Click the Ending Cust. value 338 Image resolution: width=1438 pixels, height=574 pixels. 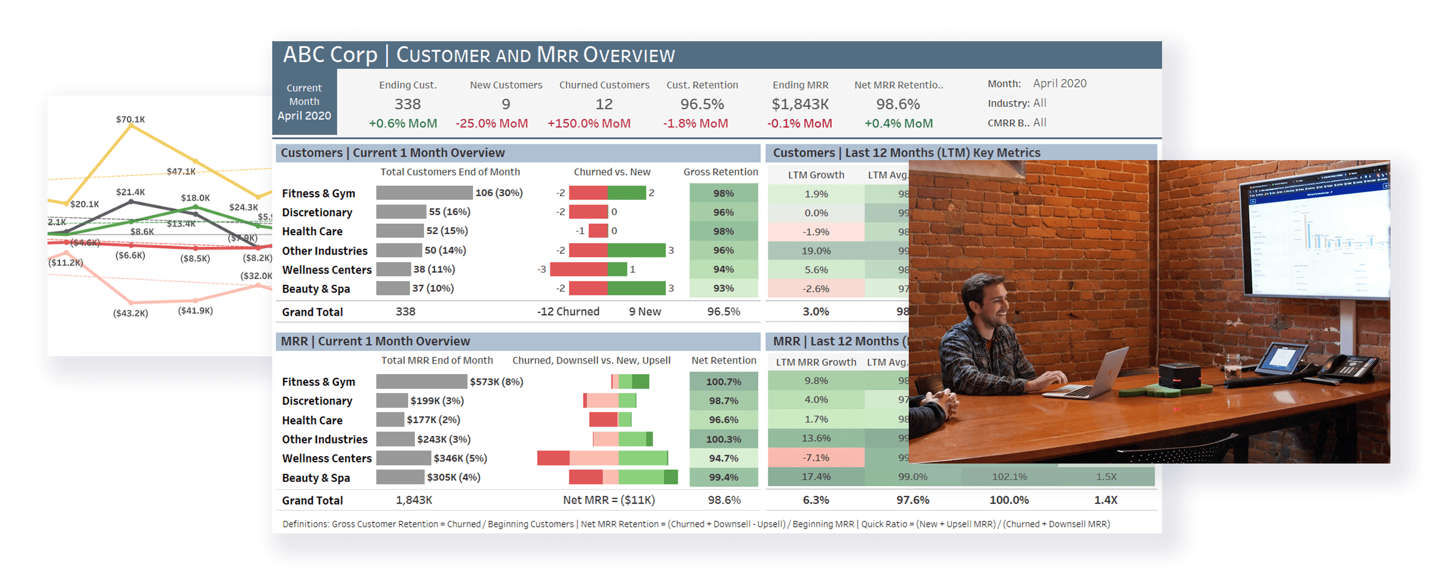tap(408, 104)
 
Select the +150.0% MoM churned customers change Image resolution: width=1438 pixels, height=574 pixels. tap(589, 123)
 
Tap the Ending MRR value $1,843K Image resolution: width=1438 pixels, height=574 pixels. tap(800, 104)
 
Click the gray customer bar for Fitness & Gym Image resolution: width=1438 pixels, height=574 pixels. tap(424, 193)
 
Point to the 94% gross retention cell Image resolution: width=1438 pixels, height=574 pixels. tap(723, 270)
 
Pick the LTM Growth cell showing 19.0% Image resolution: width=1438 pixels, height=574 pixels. tap(816, 251)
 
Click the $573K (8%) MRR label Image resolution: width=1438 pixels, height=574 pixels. tap(496, 382)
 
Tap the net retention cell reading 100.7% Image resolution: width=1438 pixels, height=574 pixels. tap(723, 382)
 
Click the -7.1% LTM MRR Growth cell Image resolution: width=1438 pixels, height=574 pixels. tap(816, 458)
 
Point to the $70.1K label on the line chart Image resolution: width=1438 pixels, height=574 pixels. tap(131, 119)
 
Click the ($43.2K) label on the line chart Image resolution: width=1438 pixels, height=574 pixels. tap(131, 313)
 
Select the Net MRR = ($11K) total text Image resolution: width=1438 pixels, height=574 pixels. tap(609, 501)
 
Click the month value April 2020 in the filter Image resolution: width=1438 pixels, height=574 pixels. tap(1059, 84)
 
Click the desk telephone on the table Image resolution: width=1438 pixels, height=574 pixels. tap(1345, 368)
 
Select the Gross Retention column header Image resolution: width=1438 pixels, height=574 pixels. tap(721, 172)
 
